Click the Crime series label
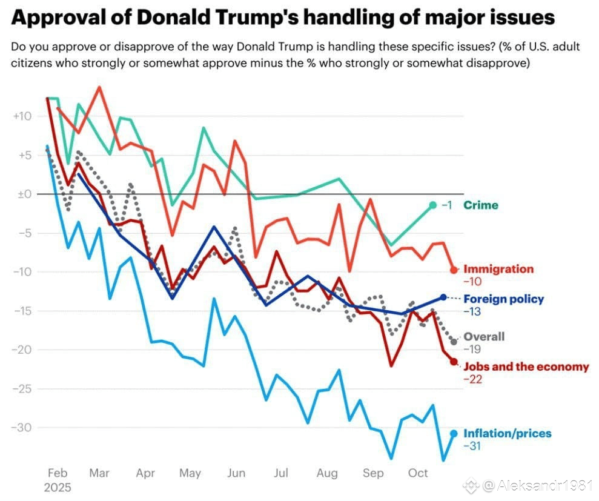(481, 205)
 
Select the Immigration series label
(498, 269)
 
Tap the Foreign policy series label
(503, 299)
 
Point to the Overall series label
(483, 337)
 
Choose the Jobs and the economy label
(526, 367)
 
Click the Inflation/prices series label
(508, 433)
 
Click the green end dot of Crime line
(432, 205)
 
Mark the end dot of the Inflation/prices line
(454, 433)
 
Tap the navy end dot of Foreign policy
(443, 297)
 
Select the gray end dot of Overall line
(454, 342)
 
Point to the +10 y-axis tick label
(22, 116)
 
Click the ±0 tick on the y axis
(24, 194)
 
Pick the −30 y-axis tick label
(22, 428)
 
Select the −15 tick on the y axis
(22, 311)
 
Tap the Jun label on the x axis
(236, 473)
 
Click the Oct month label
(419, 473)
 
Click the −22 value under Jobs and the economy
(472, 380)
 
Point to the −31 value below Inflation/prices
(472, 446)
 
